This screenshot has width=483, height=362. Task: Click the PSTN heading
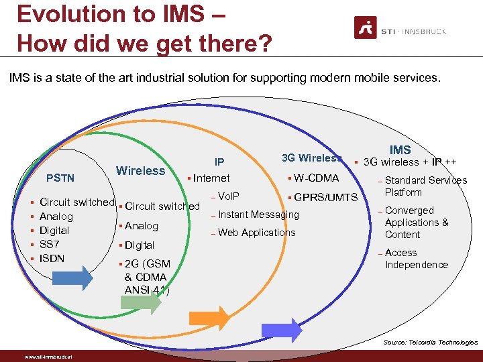click(x=60, y=178)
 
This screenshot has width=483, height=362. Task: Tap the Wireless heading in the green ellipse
click(x=140, y=170)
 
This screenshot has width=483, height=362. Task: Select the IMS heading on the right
click(x=400, y=150)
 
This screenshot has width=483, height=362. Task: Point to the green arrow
click(x=142, y=301)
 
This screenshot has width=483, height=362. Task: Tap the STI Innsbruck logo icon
click(x=366, y=28)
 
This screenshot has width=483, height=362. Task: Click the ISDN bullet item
click(x=52, y=258)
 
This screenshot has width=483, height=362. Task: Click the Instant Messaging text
click(x=258, y=215)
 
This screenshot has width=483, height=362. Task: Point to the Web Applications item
click(x=256, y=233)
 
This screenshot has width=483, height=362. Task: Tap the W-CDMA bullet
click(x=316, y=178)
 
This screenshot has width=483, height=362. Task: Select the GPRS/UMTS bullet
click(x=325, y=198)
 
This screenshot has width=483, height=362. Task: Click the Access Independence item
click(x=416, y=259)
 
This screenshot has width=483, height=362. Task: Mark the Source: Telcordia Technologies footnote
click(x=430, y=343)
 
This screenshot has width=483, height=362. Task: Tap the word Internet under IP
click(x=211, y=178)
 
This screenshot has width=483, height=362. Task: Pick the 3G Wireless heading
click(x=312, y=158)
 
